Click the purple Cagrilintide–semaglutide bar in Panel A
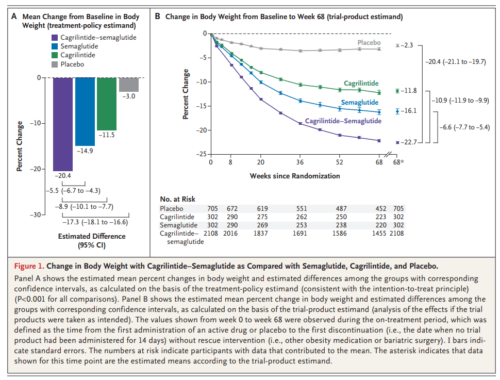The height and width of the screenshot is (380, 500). tap(62, 124)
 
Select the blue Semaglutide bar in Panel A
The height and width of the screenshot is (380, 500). tap(85, 111)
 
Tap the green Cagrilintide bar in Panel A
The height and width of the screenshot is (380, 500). tap(107, 104)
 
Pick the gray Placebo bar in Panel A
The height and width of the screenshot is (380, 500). tap(129, 85)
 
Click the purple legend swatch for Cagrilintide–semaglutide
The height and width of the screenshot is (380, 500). tap(55, 38)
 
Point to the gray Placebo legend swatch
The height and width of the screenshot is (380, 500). tap(55, 64)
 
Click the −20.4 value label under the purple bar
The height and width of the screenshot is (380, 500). tap(62, 176)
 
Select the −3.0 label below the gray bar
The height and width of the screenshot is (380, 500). tap(128, 96)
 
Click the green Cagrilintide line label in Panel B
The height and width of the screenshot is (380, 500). tap(361, 84)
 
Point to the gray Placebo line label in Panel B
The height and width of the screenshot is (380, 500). tap(369, 43)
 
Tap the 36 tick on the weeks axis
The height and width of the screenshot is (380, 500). tap(301, 162)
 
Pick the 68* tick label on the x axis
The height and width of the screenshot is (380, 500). tap(398, 162)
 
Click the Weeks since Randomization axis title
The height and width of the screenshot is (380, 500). tap(295, 176)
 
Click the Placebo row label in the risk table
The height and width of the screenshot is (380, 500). tap(172, 208)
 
